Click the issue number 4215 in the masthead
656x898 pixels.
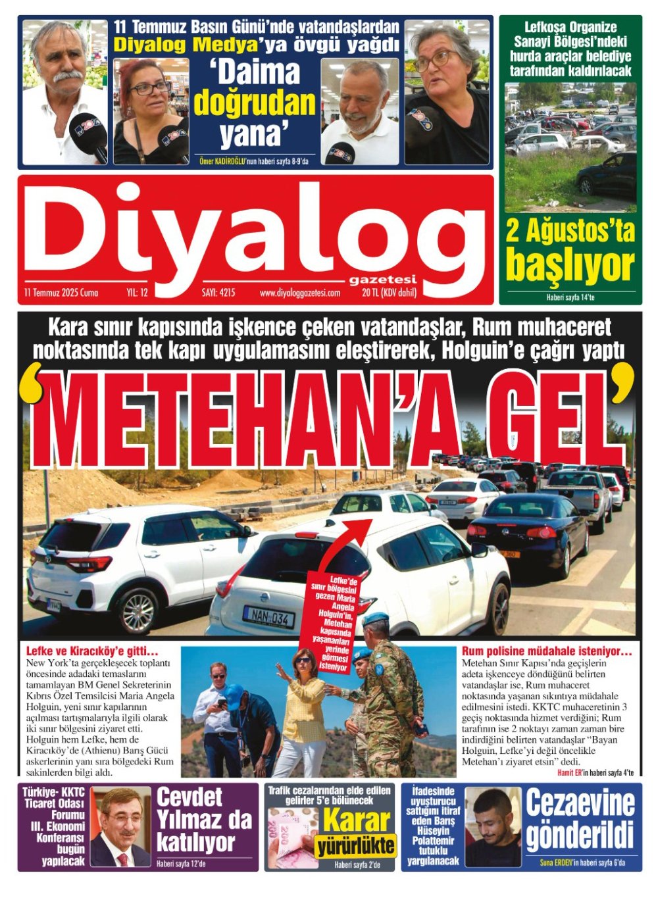click(218, 293)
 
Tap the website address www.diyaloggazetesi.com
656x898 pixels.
click(300, 293)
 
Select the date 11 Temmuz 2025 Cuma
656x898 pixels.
click(61, 293)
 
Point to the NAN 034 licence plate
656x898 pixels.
click(268, 616)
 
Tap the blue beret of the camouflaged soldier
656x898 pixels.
click(376, 618)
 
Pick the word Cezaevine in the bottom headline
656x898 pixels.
click(580, 803)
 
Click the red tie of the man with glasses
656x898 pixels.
click(123, 859)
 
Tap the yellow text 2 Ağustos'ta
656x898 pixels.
click(570, 232)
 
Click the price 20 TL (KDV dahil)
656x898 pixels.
click(389, 293)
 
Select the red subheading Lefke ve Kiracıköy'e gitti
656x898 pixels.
click(91, 651)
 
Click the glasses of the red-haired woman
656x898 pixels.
click(149, 88)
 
